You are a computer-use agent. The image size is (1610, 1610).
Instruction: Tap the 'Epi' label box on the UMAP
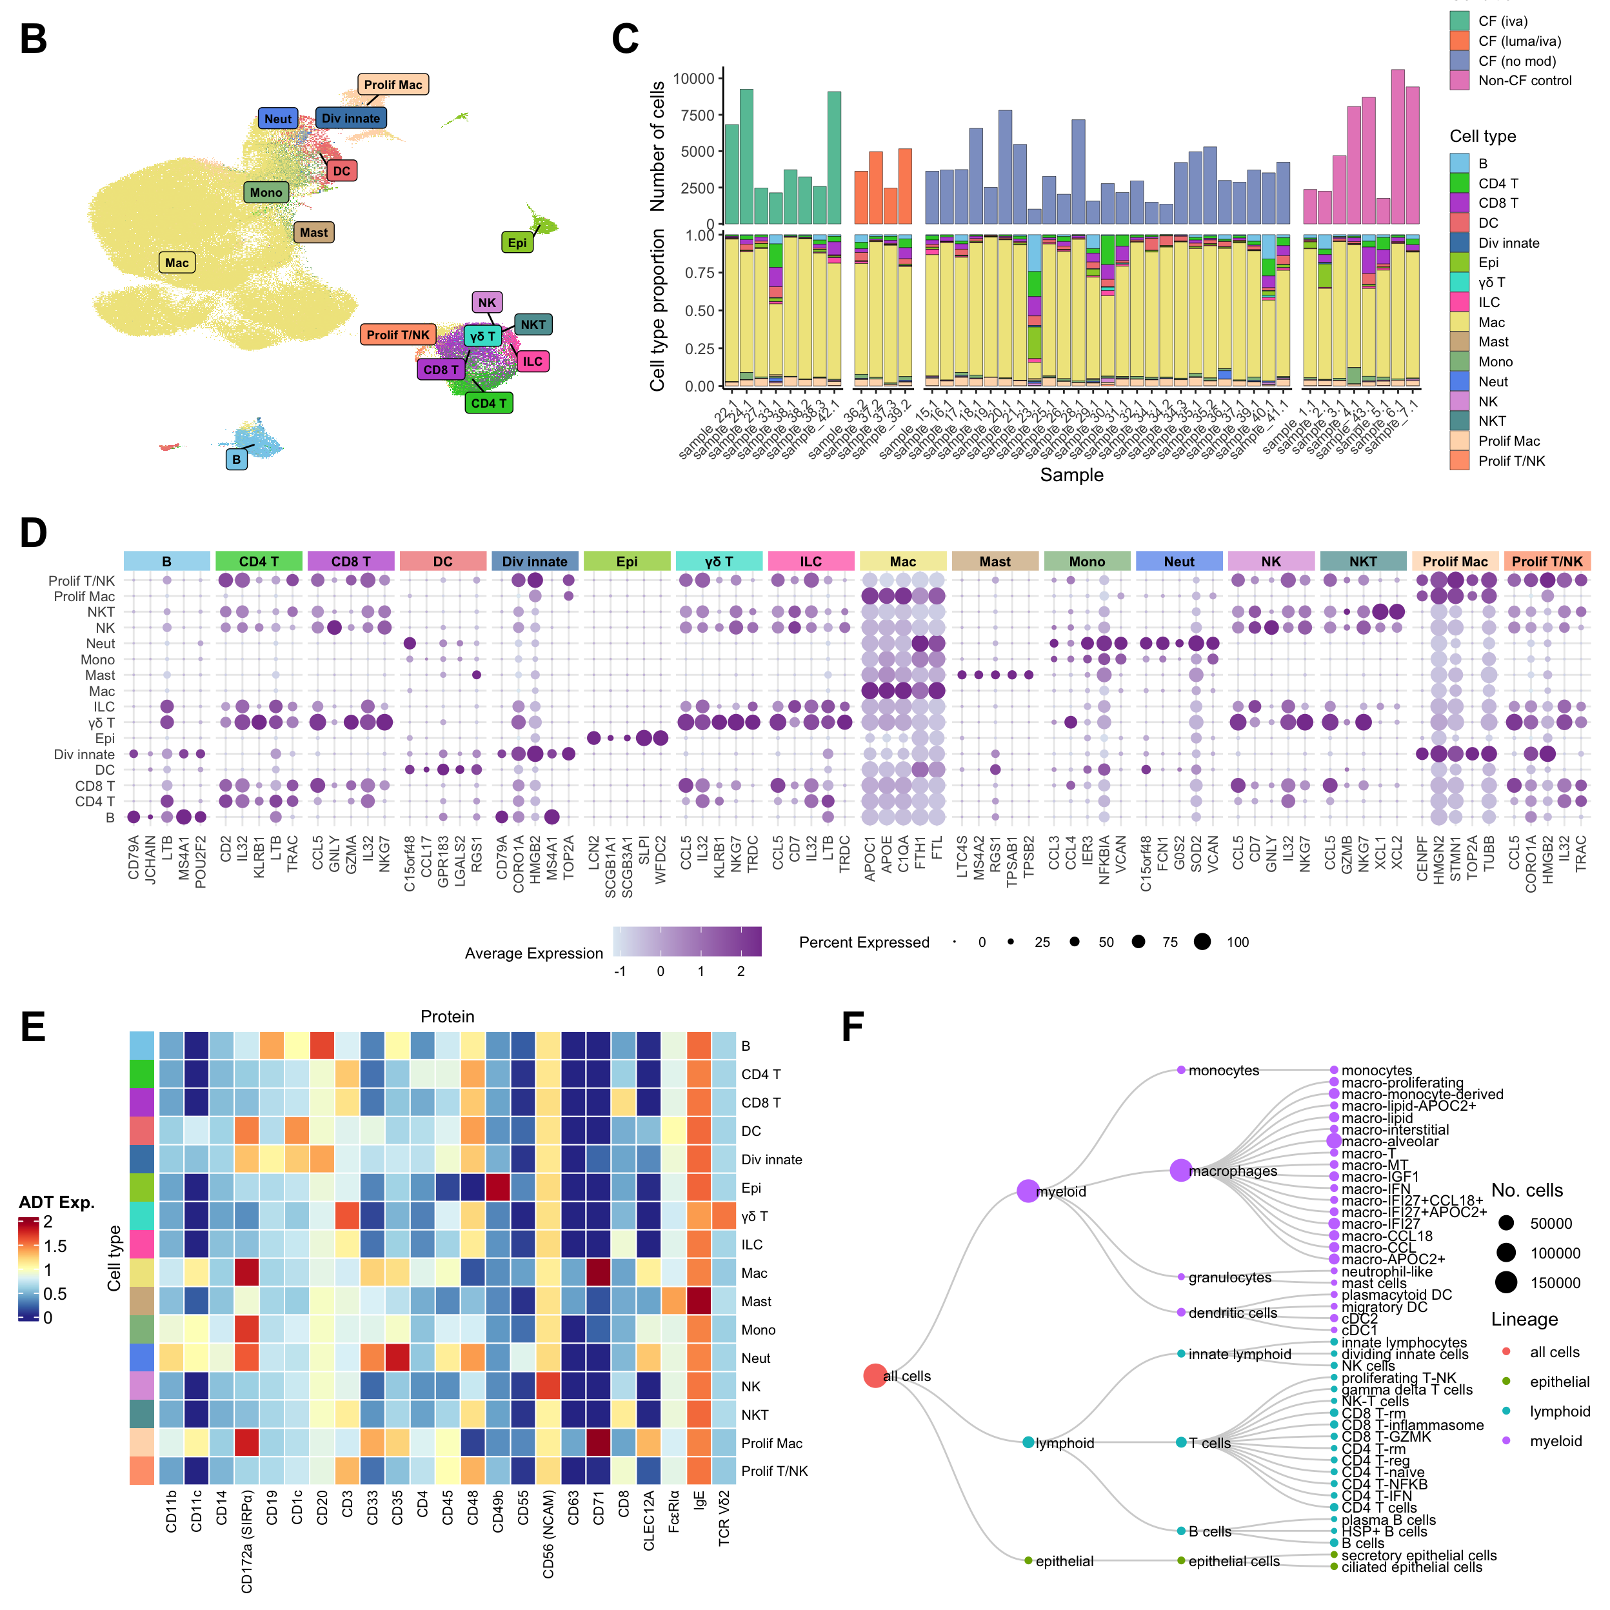point(517,243)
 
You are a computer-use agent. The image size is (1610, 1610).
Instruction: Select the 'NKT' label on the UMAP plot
point(533,325)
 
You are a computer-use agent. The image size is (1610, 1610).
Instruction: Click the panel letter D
point(34,533)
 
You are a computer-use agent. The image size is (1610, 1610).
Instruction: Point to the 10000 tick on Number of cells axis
point(694,78)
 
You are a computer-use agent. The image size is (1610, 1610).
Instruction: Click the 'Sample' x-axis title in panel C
point(1071,475)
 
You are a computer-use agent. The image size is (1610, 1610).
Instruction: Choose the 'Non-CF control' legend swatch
point(1459,81)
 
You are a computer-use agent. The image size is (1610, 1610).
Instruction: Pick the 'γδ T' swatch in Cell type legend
point(1459,283)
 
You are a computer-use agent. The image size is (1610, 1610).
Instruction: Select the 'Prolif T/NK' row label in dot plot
point(82,581)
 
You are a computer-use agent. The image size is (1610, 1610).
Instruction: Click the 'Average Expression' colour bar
point(687,942)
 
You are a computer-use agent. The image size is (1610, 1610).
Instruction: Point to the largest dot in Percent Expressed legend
point(1202,942)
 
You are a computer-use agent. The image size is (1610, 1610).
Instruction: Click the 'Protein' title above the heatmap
point(448,1017)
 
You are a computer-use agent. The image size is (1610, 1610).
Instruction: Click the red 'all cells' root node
point(874,1376)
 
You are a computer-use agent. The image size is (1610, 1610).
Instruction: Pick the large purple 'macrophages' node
point(1180,1171)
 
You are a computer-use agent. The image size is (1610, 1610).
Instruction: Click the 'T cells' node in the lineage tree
point(1181,1442)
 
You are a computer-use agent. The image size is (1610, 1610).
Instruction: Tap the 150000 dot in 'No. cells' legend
point(1506,1282)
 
